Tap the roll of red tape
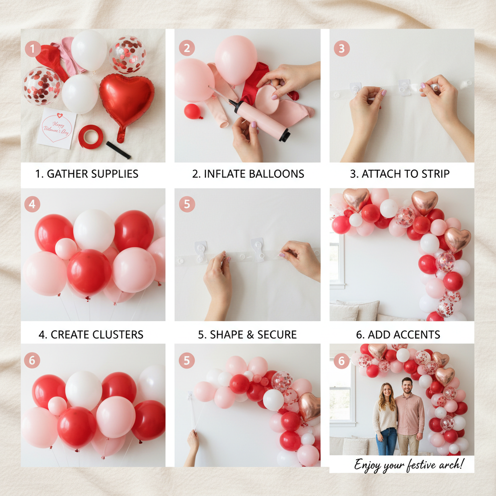pyautogui.click(x=91, y=137)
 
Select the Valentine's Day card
pyautogui.click(x=57, y=128)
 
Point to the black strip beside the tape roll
pyautogui.click(x=118, y=150)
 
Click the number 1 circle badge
pyautogui.click(x=32, y=48)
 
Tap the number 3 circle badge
pyautogui.click(x=342, y=48)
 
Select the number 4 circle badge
pyautogui.click(x=32, y=204)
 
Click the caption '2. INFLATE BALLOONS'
pyautogui.click(x=248, y=174)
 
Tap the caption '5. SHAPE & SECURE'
pyautogui.click(x=248, y=335)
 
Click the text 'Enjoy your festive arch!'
pyautogui.click(x=408, y=465)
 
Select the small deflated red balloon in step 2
pyautogui.click(x=193, y=111)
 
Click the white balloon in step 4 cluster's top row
pyautogui.click(x=93, y=230)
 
